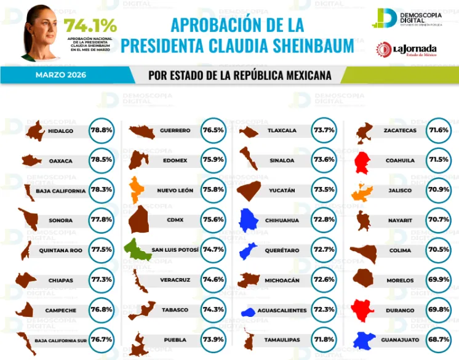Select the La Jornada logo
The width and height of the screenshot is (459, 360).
(x=407, y=49)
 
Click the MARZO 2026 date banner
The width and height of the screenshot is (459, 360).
(x=60, y=75)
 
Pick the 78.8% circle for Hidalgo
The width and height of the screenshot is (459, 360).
(x=102, y=130)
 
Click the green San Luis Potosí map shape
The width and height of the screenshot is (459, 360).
(x=137, y=249)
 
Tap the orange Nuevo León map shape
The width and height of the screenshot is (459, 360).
(x=137, y=189)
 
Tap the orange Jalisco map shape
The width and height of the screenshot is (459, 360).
(x=362, y=192)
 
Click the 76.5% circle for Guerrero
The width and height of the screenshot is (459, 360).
(x=213, y=130)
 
